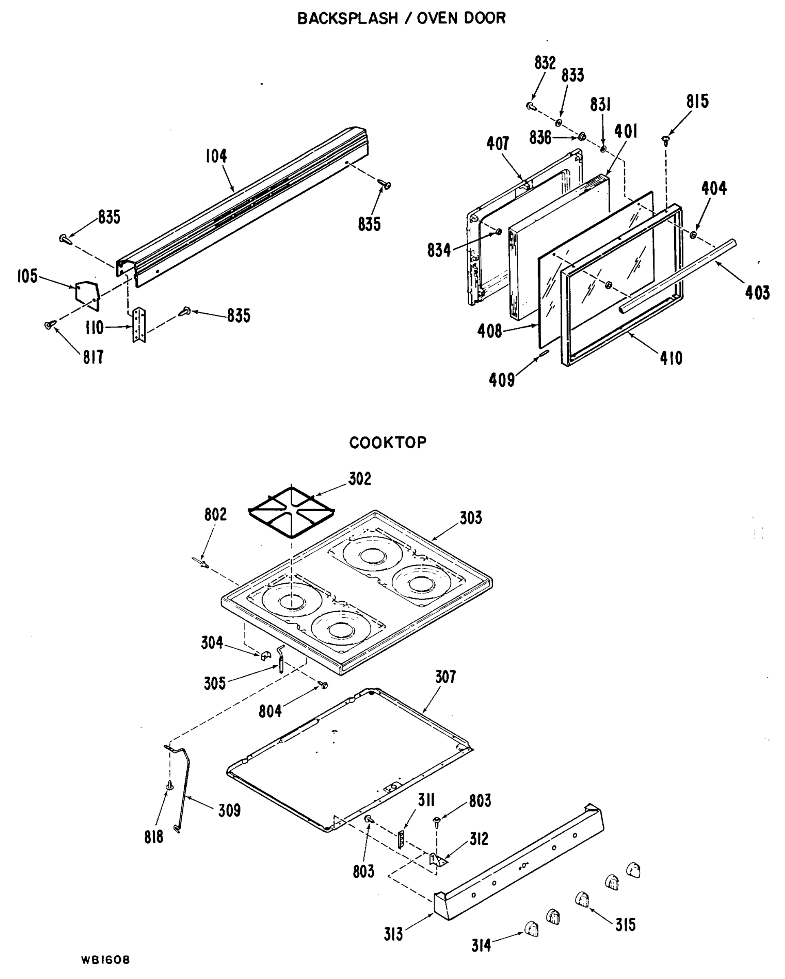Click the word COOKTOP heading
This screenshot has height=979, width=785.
pyautogui.click(x=388, y=443)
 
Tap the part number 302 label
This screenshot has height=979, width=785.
pyautogui.click(x=359, y=479)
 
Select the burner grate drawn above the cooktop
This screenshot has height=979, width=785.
pyautogui.click(x=292, y=513)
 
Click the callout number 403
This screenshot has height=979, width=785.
pyautogui.click(x=757, y=293)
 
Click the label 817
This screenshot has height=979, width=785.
pyautogui.click(x=93, y=357)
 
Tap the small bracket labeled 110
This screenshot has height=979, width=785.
pyautogui.click(x=139, y=326)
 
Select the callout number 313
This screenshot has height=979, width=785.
pyautogui.click(x=393, y=935)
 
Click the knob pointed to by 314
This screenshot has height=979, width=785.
pyautogui.click(x=531, y=928)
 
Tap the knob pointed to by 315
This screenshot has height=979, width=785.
pyautogui.click(x=582, y=899)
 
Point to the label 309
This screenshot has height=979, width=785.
pyautogui.click(x=229, y=811)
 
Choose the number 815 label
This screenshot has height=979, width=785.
pyautogui.click(x=697, y=102)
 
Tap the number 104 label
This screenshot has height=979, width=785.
pyautogui.click(x=216, y=156)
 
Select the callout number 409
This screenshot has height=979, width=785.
pyautogui.click(x=501, y=380)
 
